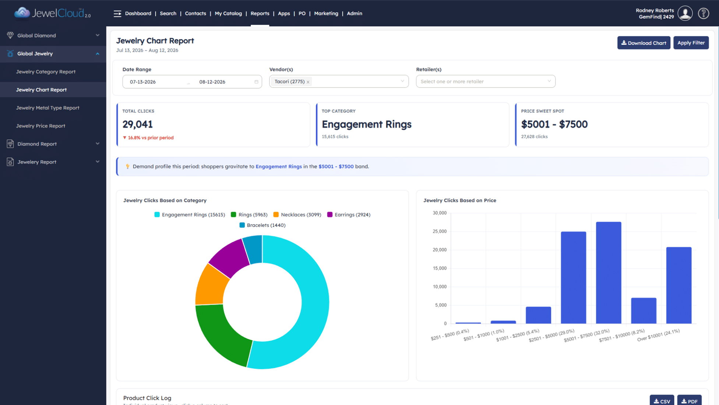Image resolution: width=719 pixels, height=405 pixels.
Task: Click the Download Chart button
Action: pos(644,43)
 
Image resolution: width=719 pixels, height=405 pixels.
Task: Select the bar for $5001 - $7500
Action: pos(608,273)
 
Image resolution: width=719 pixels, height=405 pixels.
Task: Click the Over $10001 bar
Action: pos(679,285)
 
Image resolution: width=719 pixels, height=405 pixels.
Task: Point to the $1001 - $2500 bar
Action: pos(538,315)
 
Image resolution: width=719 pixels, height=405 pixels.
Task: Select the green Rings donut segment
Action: pos(221,333)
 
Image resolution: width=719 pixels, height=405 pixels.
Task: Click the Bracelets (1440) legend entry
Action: pos(262,225)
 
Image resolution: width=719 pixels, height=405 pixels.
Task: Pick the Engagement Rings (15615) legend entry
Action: pos(190,214)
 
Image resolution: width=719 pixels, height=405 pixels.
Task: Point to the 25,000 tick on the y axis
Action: pos(440,231)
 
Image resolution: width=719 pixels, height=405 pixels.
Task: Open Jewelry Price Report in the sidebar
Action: pos(40,126)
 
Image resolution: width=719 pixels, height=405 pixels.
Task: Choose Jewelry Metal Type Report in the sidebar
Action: pos(47,108)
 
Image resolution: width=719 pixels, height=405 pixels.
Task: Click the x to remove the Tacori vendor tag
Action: pos(308,82)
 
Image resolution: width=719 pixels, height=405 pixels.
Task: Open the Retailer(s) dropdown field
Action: pos(486,81)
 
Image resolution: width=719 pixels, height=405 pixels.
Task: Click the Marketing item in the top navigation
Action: pos(326,13)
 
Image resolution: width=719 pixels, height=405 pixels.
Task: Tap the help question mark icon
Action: pos(703,13)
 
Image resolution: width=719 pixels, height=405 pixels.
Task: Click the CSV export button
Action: pos(662,401)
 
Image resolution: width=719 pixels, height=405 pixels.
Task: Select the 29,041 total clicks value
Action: pos(137,124)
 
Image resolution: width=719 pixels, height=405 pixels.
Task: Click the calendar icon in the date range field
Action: pos(256,82)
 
